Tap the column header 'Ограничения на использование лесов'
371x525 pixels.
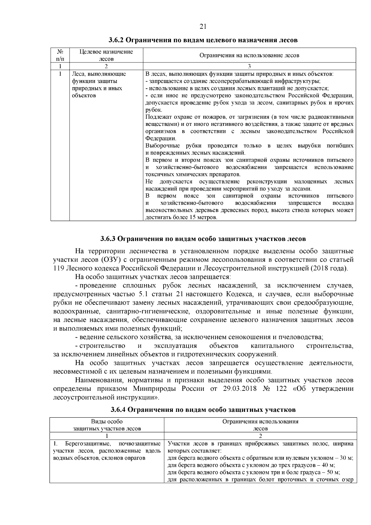tap(249, 55)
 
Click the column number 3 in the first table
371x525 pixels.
tap(249, 66)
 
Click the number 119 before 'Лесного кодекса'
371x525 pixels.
tap(58, 268)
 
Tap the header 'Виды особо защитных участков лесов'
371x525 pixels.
tap(107, 425)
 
